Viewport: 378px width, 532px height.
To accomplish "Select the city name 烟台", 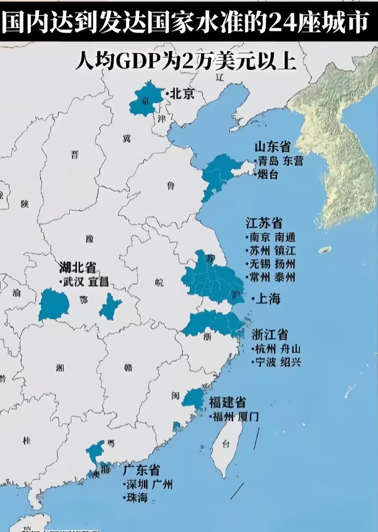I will click(268, 174).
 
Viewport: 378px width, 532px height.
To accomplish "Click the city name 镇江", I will click(285, 250).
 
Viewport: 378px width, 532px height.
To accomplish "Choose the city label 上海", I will click(268, 299).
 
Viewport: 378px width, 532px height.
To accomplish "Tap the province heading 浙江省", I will click(270, 335).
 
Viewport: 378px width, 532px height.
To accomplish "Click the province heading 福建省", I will click(227, 402).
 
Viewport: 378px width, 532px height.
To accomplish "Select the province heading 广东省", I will click(141, 470).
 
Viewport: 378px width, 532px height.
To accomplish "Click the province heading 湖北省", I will click(77, 268).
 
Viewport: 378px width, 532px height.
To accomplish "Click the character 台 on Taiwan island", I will click(226, 444).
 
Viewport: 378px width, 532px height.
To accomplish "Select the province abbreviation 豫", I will click(89, 239).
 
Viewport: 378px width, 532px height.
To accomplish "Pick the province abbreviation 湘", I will click(60, 368).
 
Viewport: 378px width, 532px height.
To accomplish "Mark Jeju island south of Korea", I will click(325, 250).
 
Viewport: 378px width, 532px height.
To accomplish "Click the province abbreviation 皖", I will click(159, 283).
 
